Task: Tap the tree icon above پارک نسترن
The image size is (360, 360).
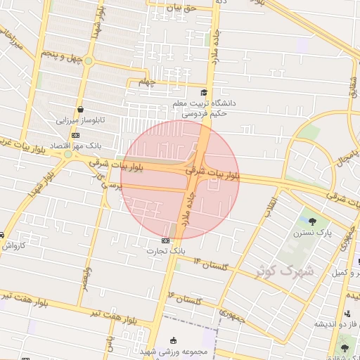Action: click(321, 222)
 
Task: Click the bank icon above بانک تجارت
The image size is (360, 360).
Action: click(165, 240)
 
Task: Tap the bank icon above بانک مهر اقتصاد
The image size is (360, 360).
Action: click(75, 135)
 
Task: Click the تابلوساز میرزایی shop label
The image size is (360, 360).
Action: click(81, 120)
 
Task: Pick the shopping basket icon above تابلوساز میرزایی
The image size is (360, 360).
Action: click(81, 110)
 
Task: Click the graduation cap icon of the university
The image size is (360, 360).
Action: click(204, 92)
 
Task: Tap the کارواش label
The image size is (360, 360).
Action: click(13, 246)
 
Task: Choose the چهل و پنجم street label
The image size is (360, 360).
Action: click(62, 55)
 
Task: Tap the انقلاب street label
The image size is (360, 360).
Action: click(271, 208)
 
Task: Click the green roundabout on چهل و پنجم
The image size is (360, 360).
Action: click(89, 61)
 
